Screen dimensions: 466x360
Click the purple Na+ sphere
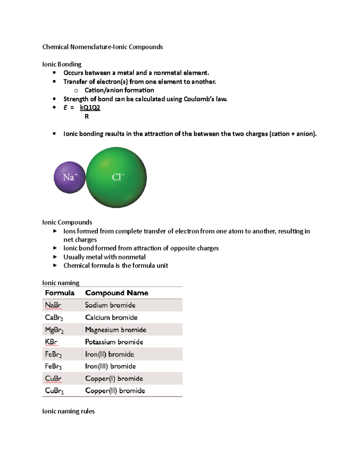[70, 177]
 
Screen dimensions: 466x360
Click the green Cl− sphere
[116, 177]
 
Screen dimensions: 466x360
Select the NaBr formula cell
[53, 305]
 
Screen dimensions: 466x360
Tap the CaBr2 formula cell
[54, 317]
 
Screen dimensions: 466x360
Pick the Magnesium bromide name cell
[115, 330]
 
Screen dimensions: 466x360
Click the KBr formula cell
[51, 342]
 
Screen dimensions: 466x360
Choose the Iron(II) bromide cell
[109, 354]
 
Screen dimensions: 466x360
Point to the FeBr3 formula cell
[53, 366]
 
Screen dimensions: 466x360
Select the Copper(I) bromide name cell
[114, 379]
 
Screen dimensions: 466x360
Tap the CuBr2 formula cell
[54, 391]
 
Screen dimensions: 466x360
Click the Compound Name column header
[117, 293]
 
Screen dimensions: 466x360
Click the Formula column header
[60, 293]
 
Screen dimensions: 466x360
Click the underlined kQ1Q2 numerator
[90, 107]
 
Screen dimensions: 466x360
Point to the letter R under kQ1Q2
[87, 116]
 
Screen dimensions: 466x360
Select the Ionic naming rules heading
[68, 411]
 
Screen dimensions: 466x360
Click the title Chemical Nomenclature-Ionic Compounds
[103, 47]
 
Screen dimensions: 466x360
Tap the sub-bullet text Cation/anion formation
[119, 90]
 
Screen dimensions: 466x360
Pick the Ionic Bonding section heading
[62, 64]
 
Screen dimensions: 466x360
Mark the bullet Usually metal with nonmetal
[104, 257]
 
